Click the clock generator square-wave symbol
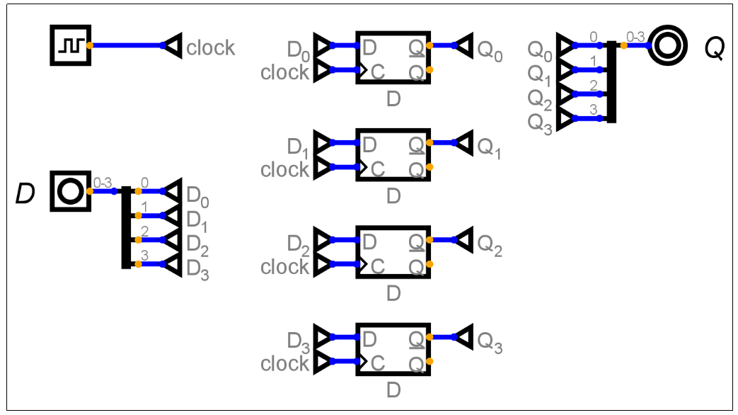[x=70, y=45]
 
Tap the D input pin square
[x=70, y=191]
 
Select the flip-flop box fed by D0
[x=393, y=57]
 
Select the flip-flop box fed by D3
[x=393, y=349]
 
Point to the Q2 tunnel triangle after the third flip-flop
[x=463, y=240]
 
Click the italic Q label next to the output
[x=713, y=48]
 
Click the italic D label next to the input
[x=25, y=193]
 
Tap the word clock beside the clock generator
[x=210, y=48]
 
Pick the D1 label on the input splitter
[x=197, y=220]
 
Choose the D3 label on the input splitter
[x=197, y=270]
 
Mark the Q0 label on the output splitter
[x=541, y=51]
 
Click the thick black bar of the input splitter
[x=126, y=227]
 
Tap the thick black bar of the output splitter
[x=611, y=81]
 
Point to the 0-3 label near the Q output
[x=635, y=35]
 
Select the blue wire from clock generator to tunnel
[x=127, y=45]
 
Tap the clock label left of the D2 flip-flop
[x=285, y=267]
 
